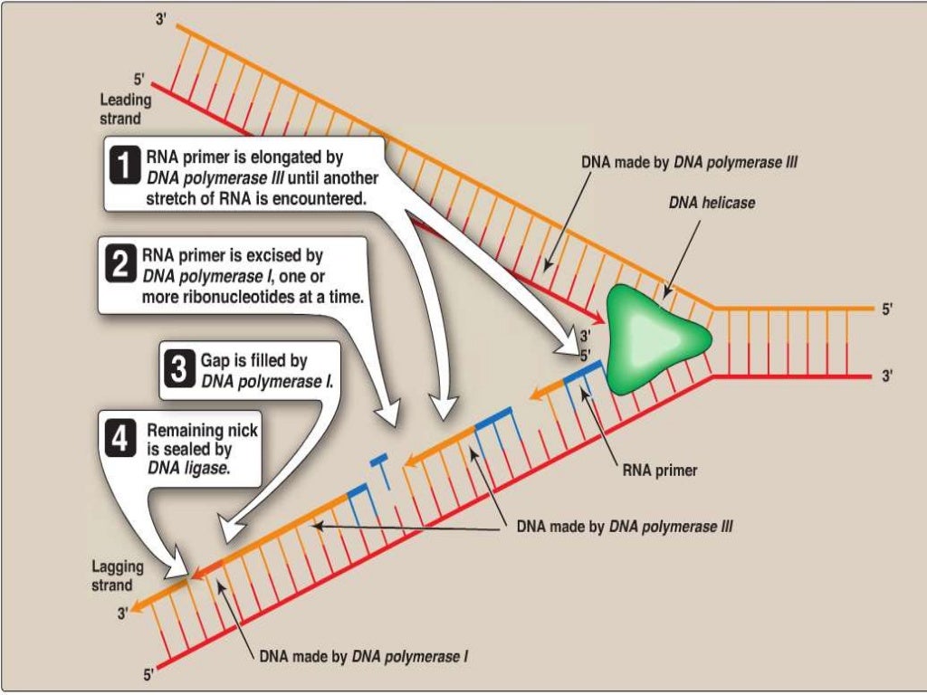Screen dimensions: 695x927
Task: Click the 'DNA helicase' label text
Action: coord(712,203)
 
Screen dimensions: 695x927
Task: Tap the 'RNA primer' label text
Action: coord(660,471)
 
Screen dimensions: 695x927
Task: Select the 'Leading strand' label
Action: coord(125,109)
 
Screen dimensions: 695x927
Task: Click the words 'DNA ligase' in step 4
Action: coord(188,469)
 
